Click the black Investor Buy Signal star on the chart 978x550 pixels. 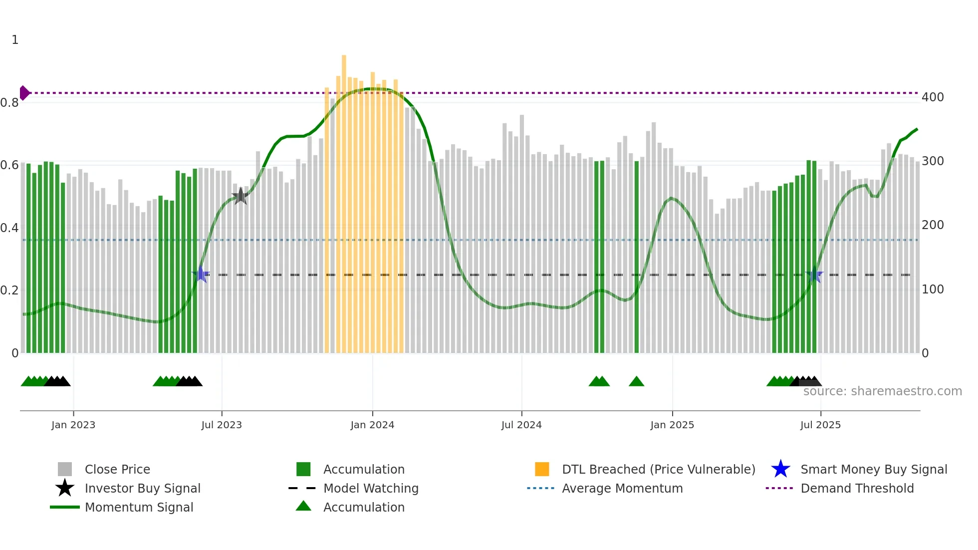pos(241,196)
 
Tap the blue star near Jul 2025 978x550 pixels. pos(814,275)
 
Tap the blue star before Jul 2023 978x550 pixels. pos(201,275)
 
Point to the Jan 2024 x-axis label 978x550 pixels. pos(372,425)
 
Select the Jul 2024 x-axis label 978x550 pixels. pos(521,425)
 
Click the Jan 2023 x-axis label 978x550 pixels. pos(73,425)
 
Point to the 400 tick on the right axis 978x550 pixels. pos(933,97)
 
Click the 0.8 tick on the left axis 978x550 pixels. pos(9,103)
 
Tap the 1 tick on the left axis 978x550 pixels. pos(15,40)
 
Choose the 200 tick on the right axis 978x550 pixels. pos(933,225)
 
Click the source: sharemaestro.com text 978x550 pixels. pos(882,391)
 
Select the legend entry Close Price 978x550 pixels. pos(117,469)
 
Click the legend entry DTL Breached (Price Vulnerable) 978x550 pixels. pos(658,469)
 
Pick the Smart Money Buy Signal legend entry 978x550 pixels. pos(873,469)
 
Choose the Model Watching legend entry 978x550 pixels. pos(371,488)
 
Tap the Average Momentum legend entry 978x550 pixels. pos(622,488)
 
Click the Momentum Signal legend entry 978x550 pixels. pos(139,507)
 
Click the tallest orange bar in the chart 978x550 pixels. pos(344,200)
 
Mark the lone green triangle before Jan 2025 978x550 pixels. pos(636,382)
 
